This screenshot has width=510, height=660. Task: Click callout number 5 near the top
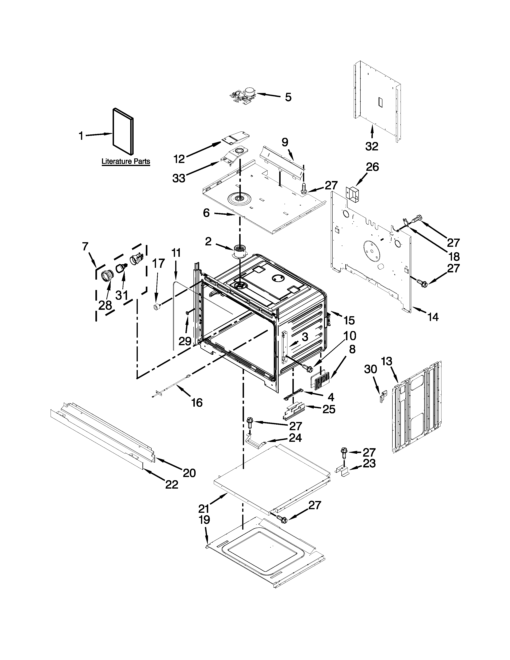click(x=288, y=97)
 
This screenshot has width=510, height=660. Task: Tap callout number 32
click(x=372, y=146)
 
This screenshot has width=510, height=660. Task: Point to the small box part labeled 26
click(x=352, y=193)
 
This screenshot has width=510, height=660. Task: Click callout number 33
click(x=179, y=178)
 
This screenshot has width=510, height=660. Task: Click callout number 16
click(x=197, y=403)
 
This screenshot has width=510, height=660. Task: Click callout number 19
click(x=205, y=520)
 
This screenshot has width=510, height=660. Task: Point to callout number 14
click(x=433, y=317)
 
